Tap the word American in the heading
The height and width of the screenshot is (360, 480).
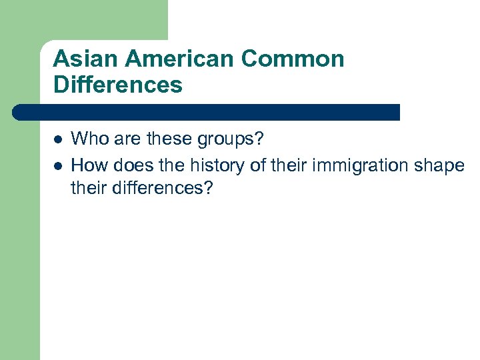coord(179,59)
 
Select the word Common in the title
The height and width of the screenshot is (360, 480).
coord(293,59)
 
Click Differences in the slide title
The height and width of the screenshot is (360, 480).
coord(117,85)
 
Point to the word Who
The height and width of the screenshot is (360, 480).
coord(87,139)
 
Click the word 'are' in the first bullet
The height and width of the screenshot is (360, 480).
coord(123,139)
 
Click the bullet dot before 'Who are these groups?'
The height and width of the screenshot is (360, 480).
coord(58,140)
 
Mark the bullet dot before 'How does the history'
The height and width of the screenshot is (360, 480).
coord(58,165)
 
